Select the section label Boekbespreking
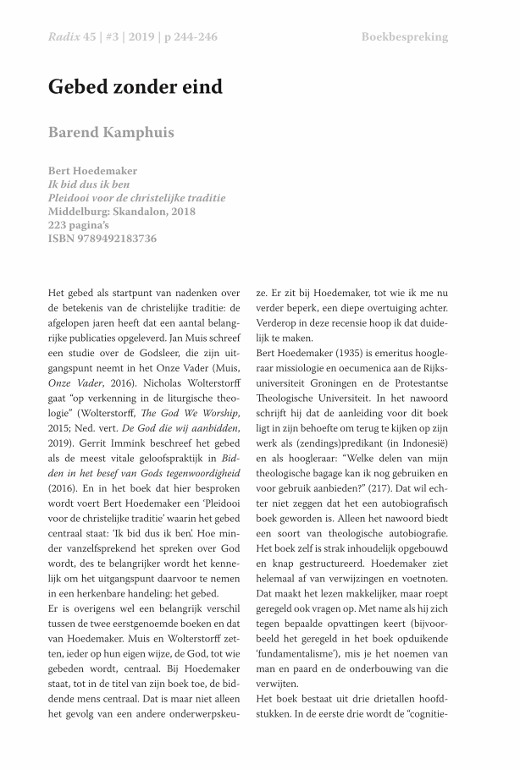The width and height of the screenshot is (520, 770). point(404,37)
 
